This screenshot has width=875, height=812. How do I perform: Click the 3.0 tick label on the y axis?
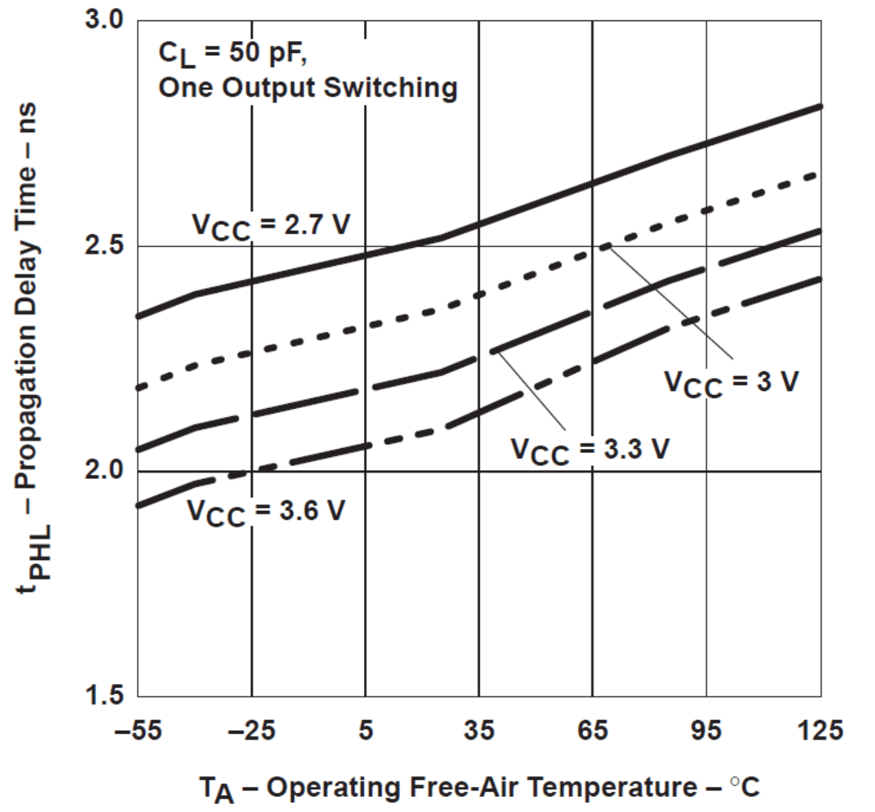tap(104, 20)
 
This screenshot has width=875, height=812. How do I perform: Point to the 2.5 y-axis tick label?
tap(104, 245)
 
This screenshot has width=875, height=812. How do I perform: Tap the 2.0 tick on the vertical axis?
tap(104, 471)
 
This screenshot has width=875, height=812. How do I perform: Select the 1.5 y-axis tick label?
tap(104, 696)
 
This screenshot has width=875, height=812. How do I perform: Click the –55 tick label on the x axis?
tap(138, 730)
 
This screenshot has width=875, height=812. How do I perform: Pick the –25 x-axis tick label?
tap(251, 730)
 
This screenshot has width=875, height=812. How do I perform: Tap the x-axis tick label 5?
tap(366, 730)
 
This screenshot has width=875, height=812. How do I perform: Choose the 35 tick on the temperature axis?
tap(479, 730)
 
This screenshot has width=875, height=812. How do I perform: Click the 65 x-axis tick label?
tap(593, 730)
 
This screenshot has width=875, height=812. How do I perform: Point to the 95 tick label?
tap(706, 730)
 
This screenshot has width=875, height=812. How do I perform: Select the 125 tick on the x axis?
tap(820, 730)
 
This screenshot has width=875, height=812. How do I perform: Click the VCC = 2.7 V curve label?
tap(271, 225)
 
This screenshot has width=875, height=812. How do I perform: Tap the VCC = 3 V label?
tap(731, 382)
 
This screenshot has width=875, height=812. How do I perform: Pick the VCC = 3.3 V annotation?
tap(590, 450)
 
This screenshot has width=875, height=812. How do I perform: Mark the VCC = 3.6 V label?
tap(266, 512)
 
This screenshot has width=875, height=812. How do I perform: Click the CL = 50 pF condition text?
tap(232, 54)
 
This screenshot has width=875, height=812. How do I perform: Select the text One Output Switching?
tap(307, 88)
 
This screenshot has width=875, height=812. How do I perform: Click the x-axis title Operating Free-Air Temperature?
tap(479, 787)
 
